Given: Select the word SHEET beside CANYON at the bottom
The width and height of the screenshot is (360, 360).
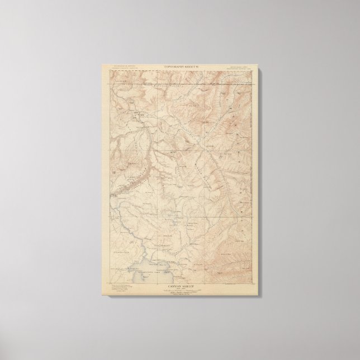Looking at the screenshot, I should click(189, 281).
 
